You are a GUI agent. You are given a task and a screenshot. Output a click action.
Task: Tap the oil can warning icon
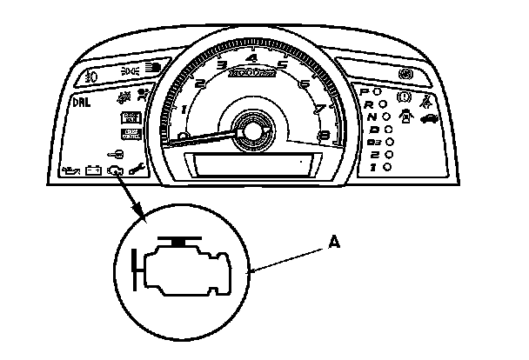click(x=69, y=170)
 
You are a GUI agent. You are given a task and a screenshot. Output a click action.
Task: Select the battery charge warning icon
click(x=91, y=170)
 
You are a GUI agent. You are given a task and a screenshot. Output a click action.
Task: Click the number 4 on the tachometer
click(x=251, y=58)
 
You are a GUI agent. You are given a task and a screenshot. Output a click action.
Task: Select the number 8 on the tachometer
click(x=323, y=136)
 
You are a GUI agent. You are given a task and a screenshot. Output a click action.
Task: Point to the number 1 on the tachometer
click(x=184, y=109)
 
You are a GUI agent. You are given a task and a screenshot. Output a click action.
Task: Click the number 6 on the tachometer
click(x=303, y=84)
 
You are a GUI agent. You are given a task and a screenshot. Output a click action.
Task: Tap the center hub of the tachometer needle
click(x=251, y=130)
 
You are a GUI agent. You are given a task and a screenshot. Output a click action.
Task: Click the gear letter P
click(x=365, y=90)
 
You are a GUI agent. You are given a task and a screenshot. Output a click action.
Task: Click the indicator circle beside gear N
click(x=385, y=116)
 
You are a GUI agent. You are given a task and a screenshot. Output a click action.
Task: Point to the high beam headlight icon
click(x=155, y=66)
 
